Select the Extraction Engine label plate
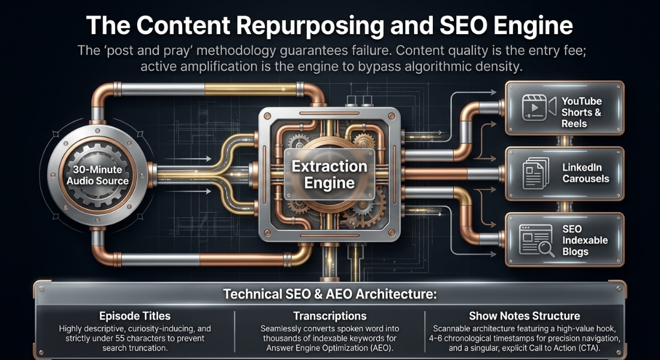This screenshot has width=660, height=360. tap(329, 174)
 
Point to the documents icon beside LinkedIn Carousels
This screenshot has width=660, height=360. tap(536, 173)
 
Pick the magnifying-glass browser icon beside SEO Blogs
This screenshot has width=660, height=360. tap(537, 240)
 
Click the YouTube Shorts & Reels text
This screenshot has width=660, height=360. tap(581, 112)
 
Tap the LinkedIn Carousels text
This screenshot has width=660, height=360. tap(586, 173)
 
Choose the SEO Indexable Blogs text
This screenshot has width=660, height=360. tap(585, 240)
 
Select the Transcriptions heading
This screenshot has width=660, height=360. tap(330, 316)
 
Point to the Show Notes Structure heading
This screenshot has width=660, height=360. tap(525, 316)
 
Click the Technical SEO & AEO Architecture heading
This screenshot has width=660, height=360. tap(330, 294)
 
